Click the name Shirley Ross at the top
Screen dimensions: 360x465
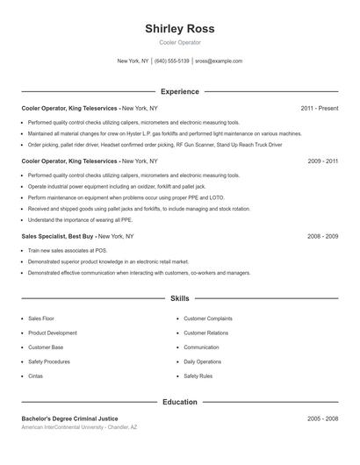(179, 29)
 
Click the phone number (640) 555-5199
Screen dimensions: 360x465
(172, 61)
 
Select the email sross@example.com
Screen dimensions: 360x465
(219, 61)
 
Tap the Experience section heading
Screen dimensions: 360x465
(179, 91)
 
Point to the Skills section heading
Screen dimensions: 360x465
(179, 299)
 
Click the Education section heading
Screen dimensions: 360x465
(179, 402)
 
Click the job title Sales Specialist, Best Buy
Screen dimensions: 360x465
(58, 237)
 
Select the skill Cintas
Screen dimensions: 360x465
(36, 376)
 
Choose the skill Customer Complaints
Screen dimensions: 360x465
(207, 318)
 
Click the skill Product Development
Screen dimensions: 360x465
(53, 333)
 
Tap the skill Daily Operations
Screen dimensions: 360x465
(202, 361)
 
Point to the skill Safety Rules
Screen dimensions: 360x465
(198, 376)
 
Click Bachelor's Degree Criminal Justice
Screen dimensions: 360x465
(69, 418)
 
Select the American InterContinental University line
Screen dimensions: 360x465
(79, 426)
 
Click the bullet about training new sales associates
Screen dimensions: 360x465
(61, 250)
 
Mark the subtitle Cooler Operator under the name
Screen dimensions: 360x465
(179, 42)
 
